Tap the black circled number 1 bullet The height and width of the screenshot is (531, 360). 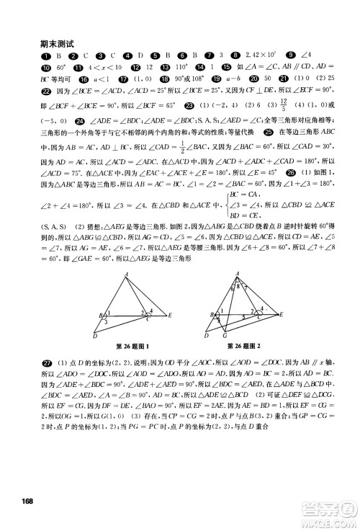[x=46, y=55]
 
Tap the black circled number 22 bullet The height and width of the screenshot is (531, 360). [x=46, y=107]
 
